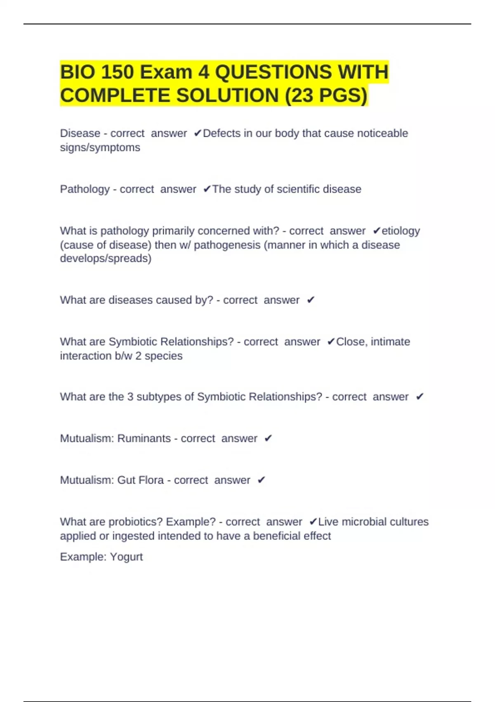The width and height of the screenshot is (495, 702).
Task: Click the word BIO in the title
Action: pyautogui.click(x=77, y=72)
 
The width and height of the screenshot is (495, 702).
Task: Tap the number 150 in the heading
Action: pyautogui.click(x=117, y=72)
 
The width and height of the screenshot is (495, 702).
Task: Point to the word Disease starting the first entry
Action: pyautogui.click(x=80, y=133)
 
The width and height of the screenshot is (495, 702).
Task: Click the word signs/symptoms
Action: pyautogui.click(x=100, y=147)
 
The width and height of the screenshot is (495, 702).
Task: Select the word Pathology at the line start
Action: pyautogui.click(x=85, y=189)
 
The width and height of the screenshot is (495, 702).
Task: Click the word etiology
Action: pyautogui.click(x=401, y=231)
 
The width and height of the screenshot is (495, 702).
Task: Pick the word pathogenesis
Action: pyautogui.click(x=227, y=245)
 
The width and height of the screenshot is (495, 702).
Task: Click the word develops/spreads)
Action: pyautogui.click(x=106, y=259)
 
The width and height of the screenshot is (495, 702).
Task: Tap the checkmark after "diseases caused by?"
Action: pyautogui.click(x=311, y=300)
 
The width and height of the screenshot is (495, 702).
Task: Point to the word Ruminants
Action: pyautogui.click(x=144, y=439)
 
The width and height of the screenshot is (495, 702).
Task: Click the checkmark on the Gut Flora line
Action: pyautogui.click(x=261, y=480)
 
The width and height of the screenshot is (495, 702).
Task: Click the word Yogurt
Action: pyautogui.click(x=126, y=557)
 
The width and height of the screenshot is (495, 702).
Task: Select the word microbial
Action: pyautogui.click(x=364, y=522)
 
